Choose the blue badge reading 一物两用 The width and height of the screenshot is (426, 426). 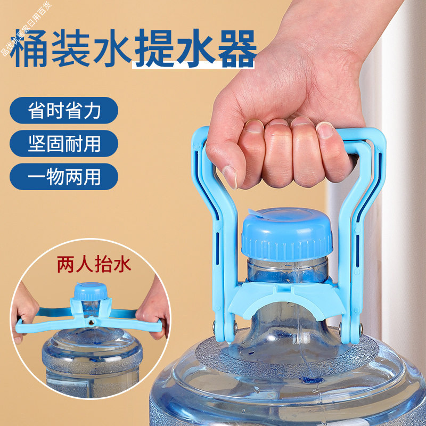tap(64, 176)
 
